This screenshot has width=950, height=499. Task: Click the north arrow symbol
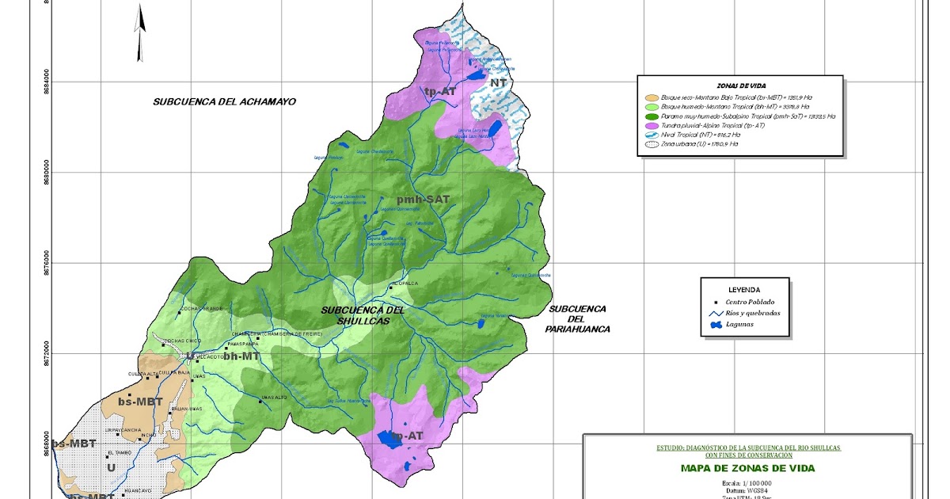click(140, 32)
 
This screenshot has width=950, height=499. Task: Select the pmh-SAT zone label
click(423, 200)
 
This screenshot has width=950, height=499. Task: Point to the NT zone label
click(498, 83)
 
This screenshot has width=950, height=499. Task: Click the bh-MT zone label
click(241, 357)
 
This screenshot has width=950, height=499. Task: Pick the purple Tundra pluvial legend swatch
click(653, 125)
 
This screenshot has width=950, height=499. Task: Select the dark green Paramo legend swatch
click(653, 116)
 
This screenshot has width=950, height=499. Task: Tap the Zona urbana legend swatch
click(653, 144)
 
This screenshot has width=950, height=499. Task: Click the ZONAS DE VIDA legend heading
click(740, 86)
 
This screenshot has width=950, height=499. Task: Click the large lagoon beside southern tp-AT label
click(389, 437)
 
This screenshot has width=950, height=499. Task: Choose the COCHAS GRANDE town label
click(203, 308)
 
